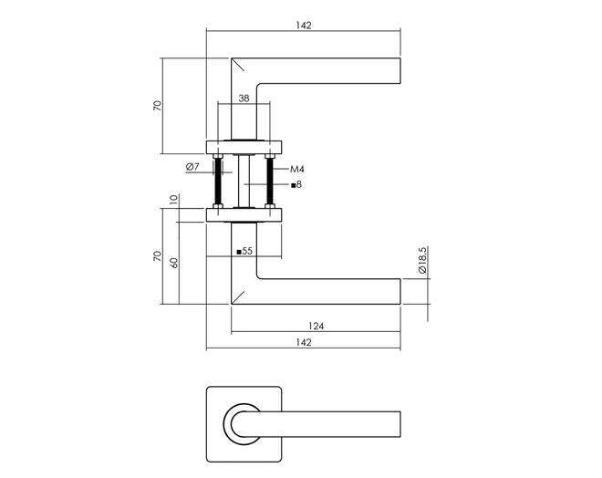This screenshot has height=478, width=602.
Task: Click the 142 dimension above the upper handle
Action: (304, 26)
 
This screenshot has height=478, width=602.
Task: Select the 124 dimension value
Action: (316, 327)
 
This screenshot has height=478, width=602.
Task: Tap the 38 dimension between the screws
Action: (244, 99)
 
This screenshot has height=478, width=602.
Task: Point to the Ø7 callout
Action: (192, 167)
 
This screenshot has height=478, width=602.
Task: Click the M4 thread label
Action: (296, 169)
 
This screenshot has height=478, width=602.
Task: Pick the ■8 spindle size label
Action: (296, 184)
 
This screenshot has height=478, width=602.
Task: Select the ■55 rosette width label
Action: (244, 252)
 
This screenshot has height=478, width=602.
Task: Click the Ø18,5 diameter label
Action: (422, 260)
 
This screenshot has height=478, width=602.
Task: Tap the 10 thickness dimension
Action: (174, 200)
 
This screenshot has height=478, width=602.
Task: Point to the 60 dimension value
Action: (174, 263)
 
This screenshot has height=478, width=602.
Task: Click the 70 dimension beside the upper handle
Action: (158, 106)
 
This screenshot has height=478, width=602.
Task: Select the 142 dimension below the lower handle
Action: (304, 342)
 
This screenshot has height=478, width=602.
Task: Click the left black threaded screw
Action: (218, 182)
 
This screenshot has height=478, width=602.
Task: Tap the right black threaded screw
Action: (270, 182)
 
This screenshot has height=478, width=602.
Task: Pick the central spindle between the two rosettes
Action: (244, 182)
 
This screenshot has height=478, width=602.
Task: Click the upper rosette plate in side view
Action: (244, 148)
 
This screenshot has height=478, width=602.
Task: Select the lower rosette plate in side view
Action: (244, 215)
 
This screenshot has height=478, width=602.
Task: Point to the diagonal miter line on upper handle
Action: (238, 65)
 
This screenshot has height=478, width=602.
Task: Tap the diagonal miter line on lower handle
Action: (238, 297)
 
